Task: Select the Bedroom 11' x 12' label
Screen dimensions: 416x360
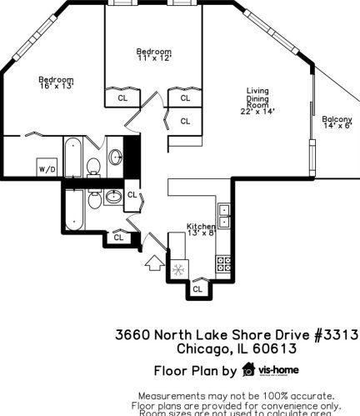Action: click(x=153, y=55)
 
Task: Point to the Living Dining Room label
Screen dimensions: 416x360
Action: click(x=257, y=101)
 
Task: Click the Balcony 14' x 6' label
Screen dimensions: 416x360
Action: click(x=337, y=123)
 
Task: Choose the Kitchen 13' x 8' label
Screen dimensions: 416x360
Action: click(x=202, y=229)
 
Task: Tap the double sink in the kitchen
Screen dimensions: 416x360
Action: click(x=223, y=216)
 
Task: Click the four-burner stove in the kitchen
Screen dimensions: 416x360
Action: click(x=223, y=263)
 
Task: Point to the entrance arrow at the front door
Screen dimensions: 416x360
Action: click(x=155, y=264)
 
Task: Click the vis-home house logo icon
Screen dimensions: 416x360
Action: click(x=247, y=369)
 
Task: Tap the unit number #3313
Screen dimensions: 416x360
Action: click(x=336, y=334)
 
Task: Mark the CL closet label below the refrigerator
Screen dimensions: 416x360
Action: click(x=197, y=288)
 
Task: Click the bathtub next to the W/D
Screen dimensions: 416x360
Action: click(x=72, y=156)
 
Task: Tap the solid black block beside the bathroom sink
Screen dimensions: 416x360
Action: click(x=130, y=154)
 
